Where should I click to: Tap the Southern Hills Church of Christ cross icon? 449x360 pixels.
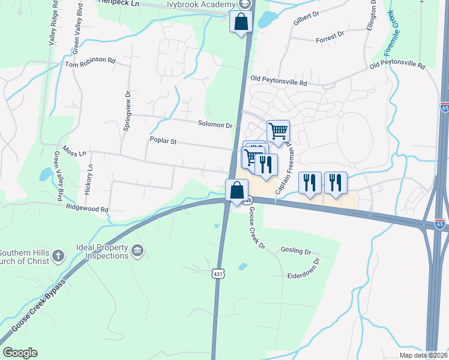(58, 256)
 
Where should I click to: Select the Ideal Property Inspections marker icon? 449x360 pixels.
(137, 250)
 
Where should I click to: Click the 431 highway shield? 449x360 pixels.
(217, 274)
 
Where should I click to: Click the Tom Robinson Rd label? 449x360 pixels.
(90, 61)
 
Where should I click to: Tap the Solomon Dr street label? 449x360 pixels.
(215, 125)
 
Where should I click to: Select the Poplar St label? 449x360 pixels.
(163, 141)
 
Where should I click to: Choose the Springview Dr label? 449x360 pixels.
(127, 107)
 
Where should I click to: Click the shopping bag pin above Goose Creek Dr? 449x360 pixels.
(237, 191)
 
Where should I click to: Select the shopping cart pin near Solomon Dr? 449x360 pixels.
(278, 131)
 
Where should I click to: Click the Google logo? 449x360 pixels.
(20, 353)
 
